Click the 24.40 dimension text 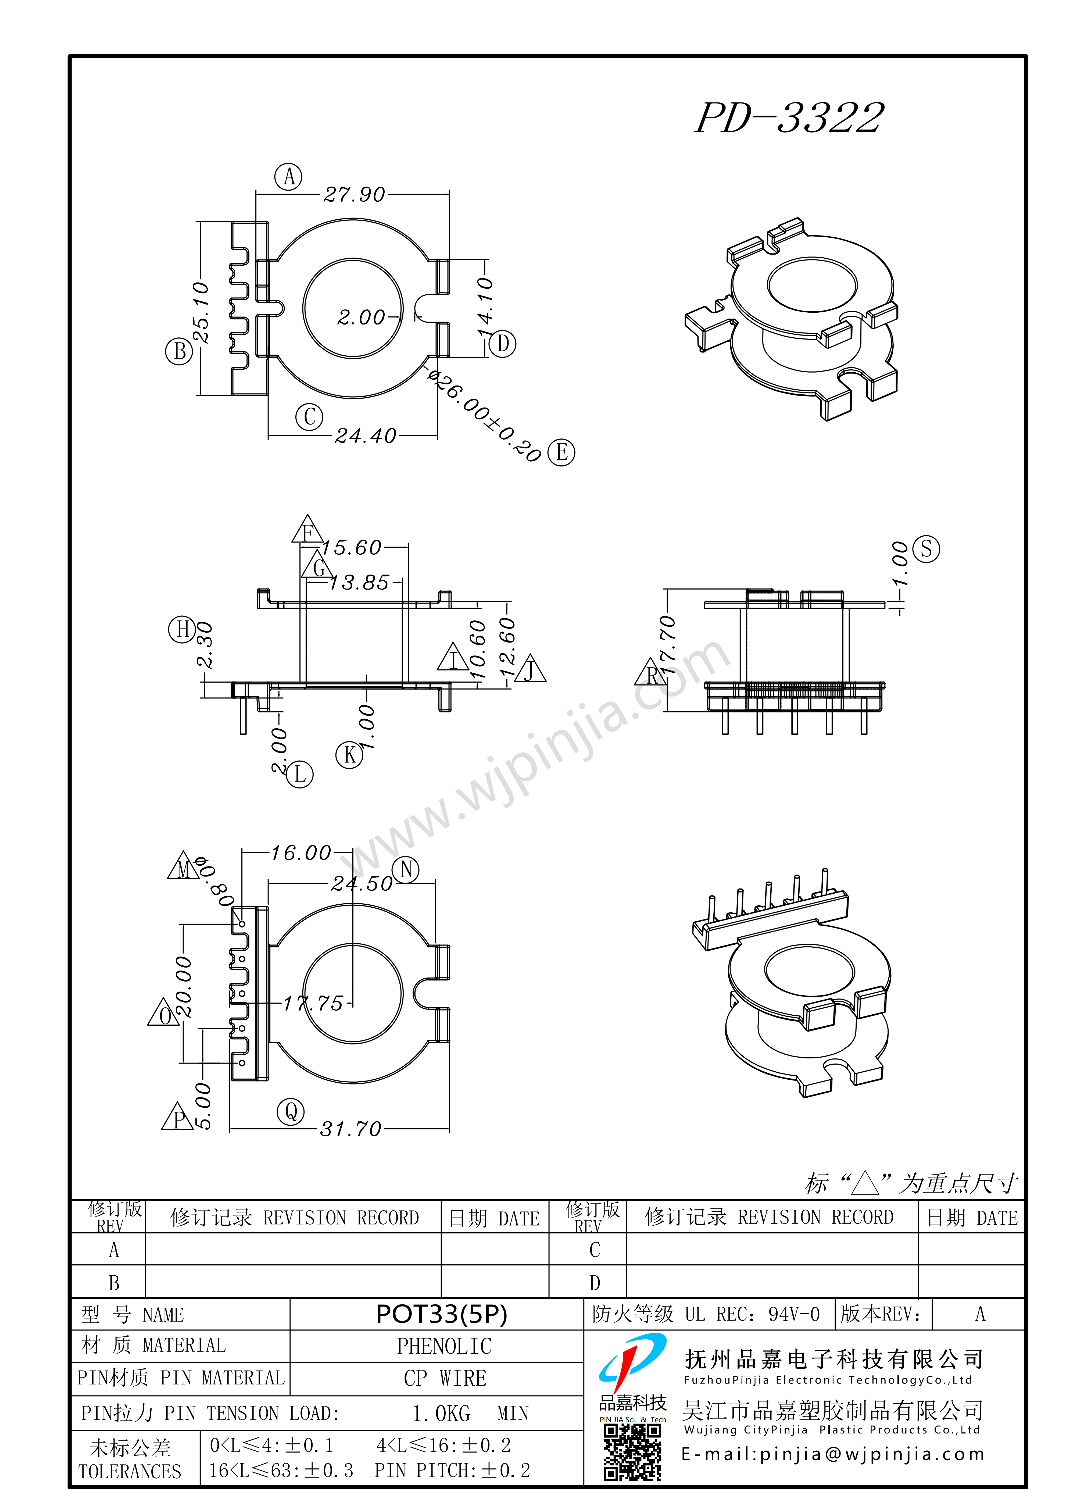click(365, 436)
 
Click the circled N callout click(406, 869)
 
